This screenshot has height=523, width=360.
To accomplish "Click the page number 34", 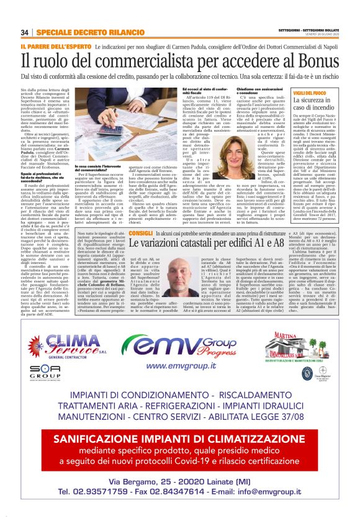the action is point(24,32).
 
